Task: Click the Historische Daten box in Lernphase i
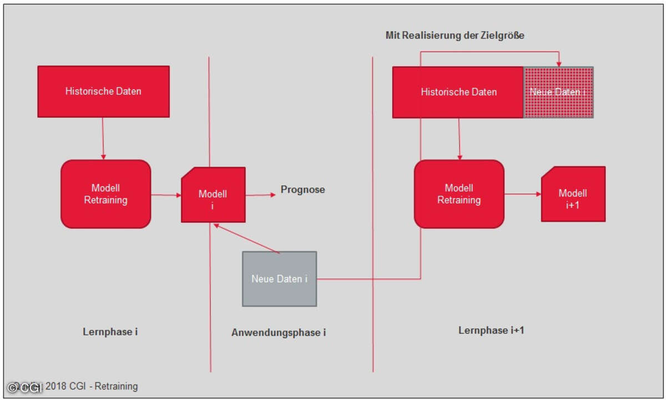[x=103, y=91]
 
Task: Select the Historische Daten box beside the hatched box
[x=458, y=92]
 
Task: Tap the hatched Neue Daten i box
[x=558, y=92]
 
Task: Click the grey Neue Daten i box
[x=279, y=279]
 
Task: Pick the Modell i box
[x=213, y=195]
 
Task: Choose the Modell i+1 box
[x=573, y=194]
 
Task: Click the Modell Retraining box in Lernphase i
[x=105, y=194]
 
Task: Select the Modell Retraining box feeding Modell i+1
[x=459, y=194]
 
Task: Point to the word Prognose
[x=302, y=190]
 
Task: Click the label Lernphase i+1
[x=491, y=331]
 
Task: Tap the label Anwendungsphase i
[x=279, y=333]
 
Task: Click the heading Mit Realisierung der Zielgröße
[x=455, y=36]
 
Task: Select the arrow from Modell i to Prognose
[x=260, y=194]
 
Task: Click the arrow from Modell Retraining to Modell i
[x=166, y=195]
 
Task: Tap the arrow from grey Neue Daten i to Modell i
[x=247, y=239]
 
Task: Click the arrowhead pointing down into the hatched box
[x=559, y=63]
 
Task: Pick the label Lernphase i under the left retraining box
[x=110, y=332]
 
